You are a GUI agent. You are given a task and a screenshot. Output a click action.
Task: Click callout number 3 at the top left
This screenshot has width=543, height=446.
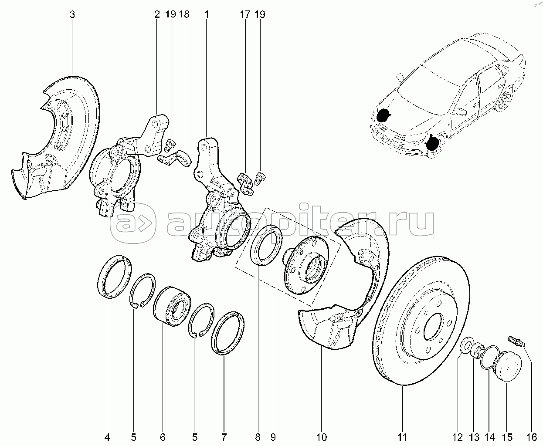pos(72,14)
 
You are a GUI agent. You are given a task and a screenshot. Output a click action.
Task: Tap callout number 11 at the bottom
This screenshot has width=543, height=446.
pos(402,437)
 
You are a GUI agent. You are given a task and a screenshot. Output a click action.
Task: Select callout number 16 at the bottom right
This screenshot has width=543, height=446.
pos(532,437)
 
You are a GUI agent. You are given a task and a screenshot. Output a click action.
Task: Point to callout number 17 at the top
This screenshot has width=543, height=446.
pos(245,14)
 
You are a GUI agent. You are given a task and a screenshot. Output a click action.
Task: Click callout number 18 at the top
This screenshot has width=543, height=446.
pos(184,14)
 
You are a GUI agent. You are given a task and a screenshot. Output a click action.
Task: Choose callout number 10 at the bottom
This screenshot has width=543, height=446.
pos(321,437)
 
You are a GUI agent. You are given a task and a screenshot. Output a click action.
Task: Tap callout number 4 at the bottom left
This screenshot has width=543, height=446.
pos(107,437)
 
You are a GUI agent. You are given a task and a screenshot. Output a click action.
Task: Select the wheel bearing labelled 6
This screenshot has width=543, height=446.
pos(172,306)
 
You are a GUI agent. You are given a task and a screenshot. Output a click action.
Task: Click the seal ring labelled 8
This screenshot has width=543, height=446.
pos(267,245)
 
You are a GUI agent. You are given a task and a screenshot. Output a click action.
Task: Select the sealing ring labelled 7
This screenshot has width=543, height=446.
pos(227,334)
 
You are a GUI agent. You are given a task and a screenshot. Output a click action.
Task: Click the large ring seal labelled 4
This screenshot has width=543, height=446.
pos(114,277)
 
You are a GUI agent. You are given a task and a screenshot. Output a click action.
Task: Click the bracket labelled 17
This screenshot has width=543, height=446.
pos(246,184)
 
